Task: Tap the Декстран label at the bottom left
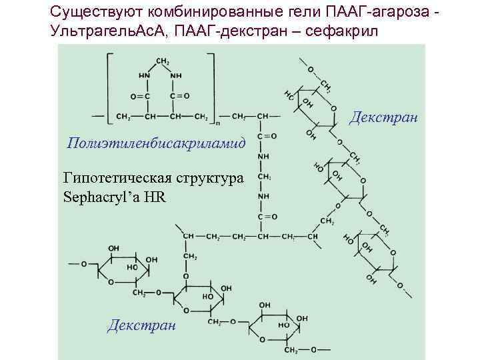[x=141, y=325]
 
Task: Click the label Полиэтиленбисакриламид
[x=155, y=143]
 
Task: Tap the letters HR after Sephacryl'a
[x=155, y=198]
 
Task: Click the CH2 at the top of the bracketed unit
[x=162, y=61]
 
